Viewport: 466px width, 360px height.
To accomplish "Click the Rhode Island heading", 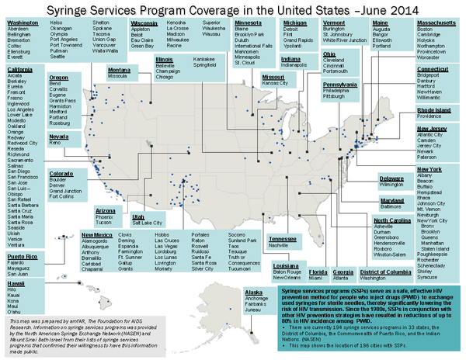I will tap(436, 111).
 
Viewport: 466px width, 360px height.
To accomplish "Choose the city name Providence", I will tap(436, 118).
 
